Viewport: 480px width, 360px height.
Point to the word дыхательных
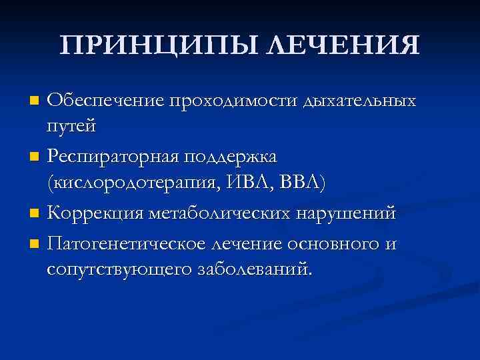coord(360,101)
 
